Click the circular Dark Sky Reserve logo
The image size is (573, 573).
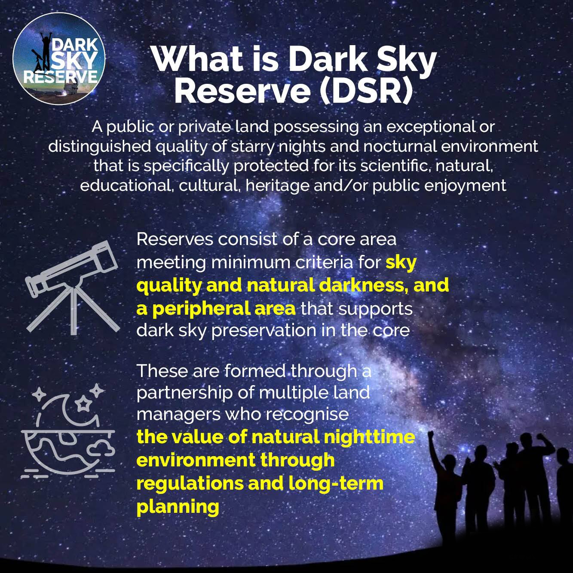(59, 58)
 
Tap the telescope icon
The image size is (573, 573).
(73, 288)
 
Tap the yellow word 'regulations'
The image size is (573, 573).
(190, 484)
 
